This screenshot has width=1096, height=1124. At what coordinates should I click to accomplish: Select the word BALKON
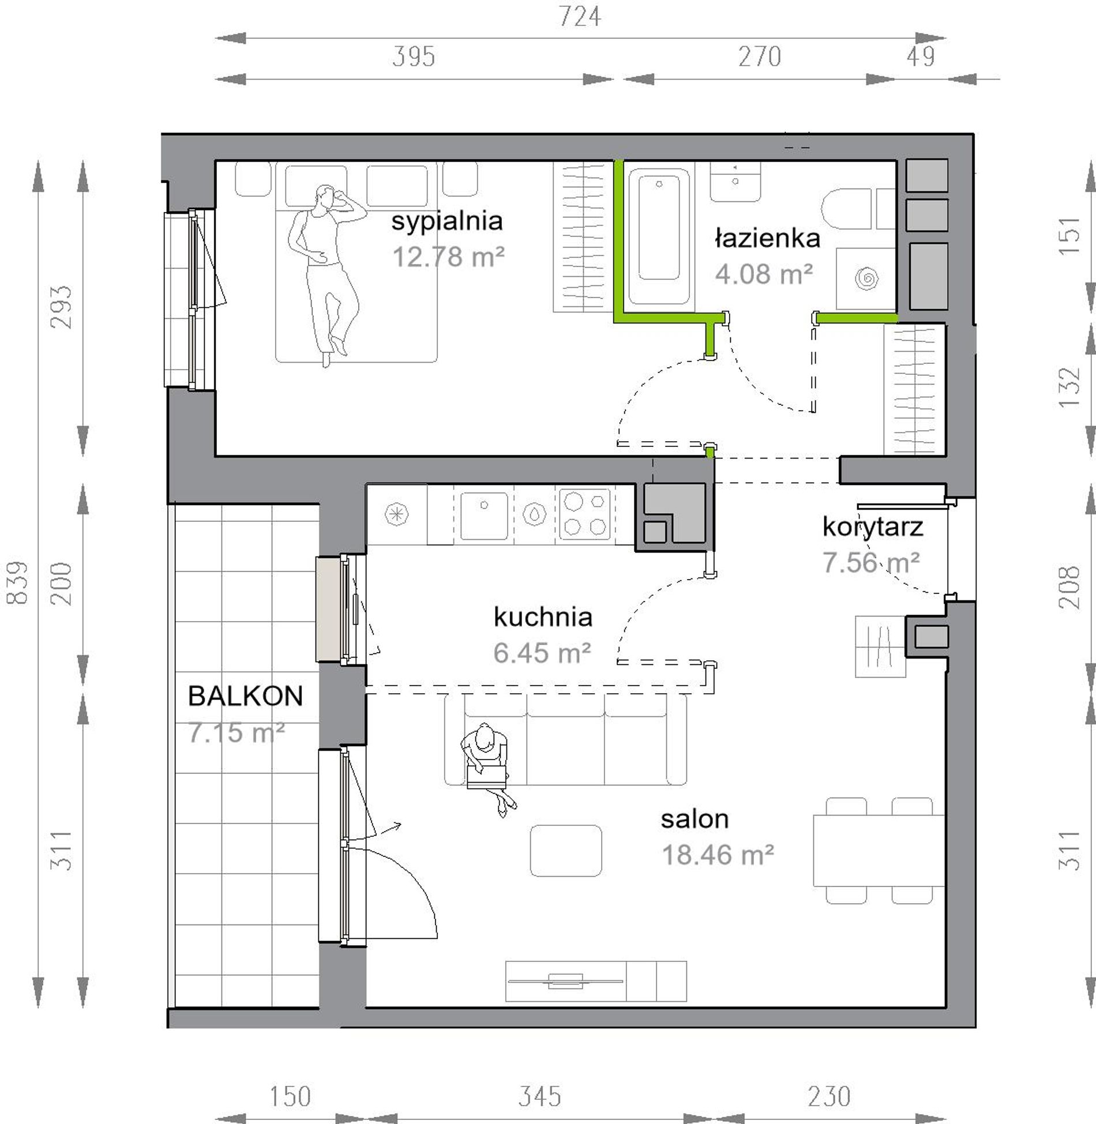[245, 696]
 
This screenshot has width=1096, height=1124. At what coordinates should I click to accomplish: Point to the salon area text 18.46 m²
[718, 855]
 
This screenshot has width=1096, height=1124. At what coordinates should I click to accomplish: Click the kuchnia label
[543, 616]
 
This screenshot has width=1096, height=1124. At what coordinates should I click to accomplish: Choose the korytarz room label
[872, 527]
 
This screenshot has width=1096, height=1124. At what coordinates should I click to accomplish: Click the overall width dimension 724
[580, 17]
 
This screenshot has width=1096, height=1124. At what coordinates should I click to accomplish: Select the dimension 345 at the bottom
[539, 1096]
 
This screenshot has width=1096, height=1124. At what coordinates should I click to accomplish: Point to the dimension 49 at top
[920, 57]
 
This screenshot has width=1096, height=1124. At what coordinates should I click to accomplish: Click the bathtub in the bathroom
[659, 236]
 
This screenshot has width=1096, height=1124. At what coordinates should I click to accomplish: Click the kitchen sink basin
[484, 516]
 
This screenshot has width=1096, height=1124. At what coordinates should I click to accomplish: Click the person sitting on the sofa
[488, 769]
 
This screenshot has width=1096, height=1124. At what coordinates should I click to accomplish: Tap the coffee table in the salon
[566, 851]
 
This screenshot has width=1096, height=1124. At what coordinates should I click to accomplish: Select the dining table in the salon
[879, 850]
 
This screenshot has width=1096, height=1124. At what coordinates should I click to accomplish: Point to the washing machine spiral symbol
[866, 279]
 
